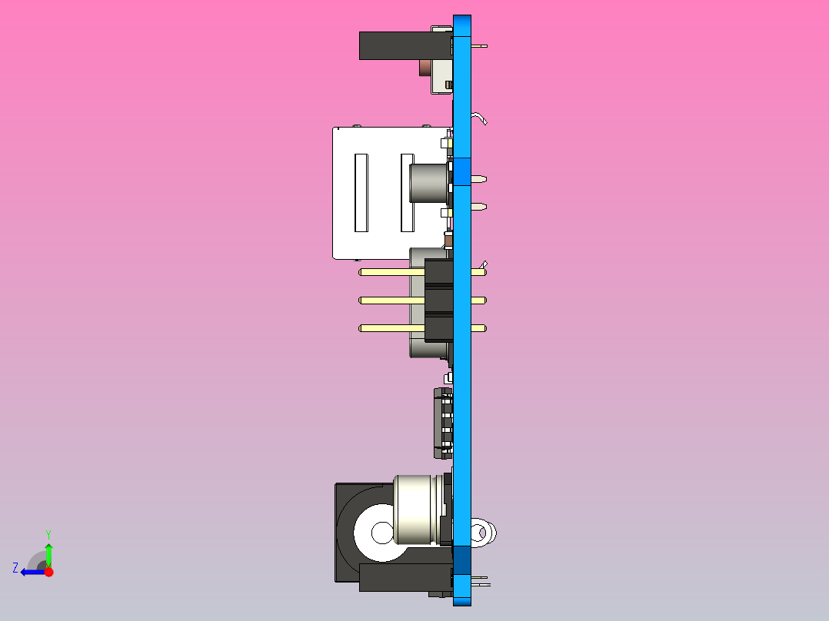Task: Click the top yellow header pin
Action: (x=392, y=272)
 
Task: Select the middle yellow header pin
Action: (x=392, y=301)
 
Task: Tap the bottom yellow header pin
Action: (x=392, y=328)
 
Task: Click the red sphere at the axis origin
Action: (x=48, y=572)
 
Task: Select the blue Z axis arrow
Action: (x=31, y=572)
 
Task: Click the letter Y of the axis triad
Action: (x=48, y=533)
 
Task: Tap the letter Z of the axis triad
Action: (x=15, y=568)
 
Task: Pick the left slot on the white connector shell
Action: (x=361, y=193)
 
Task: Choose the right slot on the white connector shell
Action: (x=406, y=193)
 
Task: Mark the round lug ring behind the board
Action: (x=483, y=532)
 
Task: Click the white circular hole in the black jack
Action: (x=381, y=532)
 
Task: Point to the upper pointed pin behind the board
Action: (x=478, y=179)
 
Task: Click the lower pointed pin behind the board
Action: (x=478, y=207)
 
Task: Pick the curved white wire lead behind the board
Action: (x=481, y=118)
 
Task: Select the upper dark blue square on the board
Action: (x=461, y=171)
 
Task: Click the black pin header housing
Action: (x=438, y=301)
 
